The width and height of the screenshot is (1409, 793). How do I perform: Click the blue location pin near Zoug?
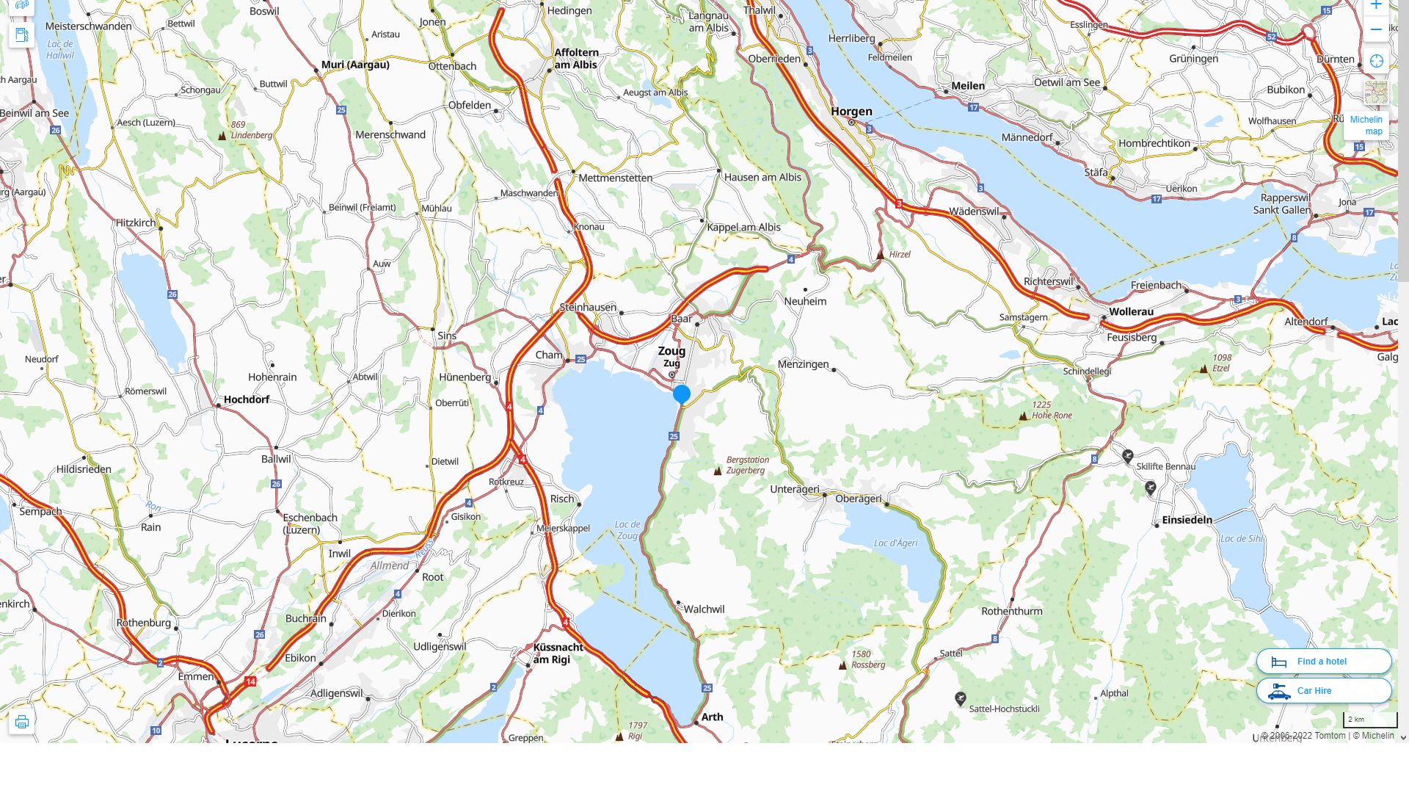pos(682,394)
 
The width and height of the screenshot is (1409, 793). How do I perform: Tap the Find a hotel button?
pos(1323,662)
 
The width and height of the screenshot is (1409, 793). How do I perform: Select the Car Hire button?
pos(1323,691)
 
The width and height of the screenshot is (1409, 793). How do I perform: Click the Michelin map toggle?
pos(1366,126)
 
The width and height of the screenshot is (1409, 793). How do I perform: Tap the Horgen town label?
pos(851,112)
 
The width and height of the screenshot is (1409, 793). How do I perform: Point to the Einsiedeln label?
pos(1187,520)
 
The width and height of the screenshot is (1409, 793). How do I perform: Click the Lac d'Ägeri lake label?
pos(895,543)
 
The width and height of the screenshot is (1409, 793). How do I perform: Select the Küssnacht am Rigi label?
pos(558,653)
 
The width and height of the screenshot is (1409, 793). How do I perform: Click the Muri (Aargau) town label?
pos(355,65)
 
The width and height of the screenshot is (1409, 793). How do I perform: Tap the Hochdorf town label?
pos(247,399)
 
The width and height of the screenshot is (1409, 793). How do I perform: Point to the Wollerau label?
pos(1131,311)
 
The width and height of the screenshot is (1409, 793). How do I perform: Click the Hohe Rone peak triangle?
pos(1023,416)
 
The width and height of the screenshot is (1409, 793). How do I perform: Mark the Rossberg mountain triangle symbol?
pos(842,665)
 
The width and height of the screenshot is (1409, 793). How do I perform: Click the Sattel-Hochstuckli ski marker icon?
pos(960,698)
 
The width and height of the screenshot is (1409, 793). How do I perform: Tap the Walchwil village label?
pos(704,609)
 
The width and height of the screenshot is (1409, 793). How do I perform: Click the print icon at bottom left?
pos(21,722)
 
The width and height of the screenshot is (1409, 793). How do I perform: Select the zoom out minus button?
pos(1376,30)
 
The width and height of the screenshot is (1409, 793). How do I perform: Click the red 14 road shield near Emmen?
pos(251,682)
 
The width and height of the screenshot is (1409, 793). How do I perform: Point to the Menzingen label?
pos(803,364)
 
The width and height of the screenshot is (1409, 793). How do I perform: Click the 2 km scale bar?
pos(1370,720)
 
